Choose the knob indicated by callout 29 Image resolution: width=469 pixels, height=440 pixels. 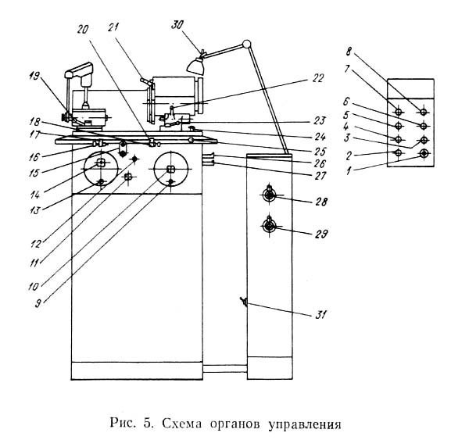click(269, 226)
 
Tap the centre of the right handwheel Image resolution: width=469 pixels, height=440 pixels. click(170, 166)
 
